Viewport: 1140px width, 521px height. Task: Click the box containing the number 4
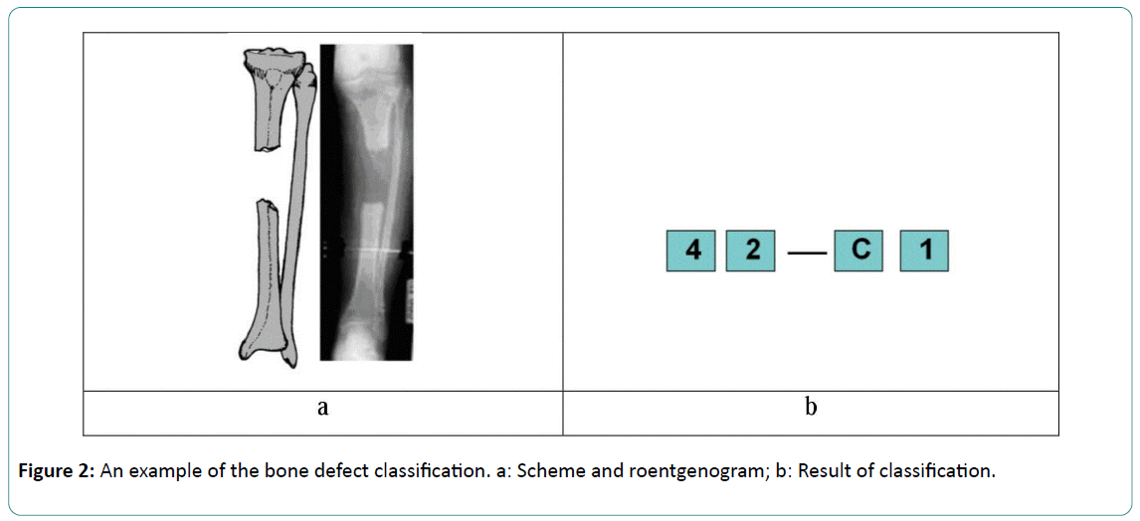click(691, 251)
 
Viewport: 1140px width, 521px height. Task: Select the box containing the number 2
click(752, 251)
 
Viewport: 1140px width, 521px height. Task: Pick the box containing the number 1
click(925, 251)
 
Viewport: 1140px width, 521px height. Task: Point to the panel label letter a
click(322, 408)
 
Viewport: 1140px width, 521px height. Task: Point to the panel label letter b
click(811, 408)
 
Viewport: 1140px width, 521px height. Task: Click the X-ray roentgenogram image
click(366, 199)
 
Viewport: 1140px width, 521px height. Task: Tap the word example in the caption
click(168, 471)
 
